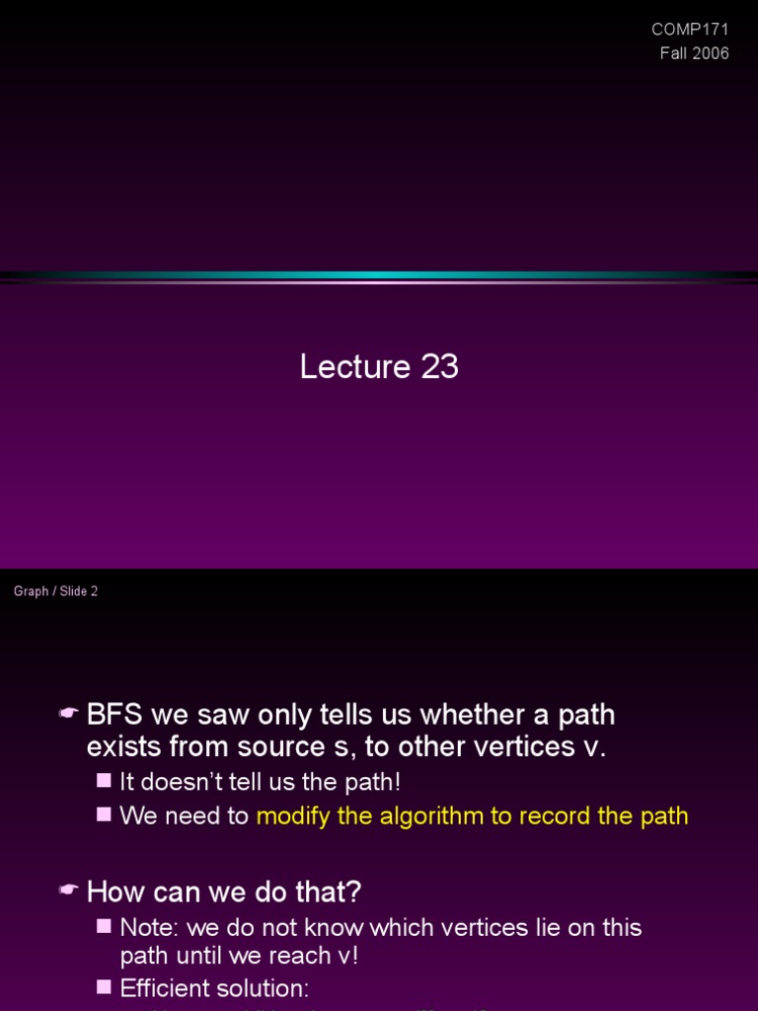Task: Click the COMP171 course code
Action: (691, 30)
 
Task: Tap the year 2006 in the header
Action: (710, 53)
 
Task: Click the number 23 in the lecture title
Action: (439, 367)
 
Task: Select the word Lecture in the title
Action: (355, 367)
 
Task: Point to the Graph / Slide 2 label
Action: (55, 591)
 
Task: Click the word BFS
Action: (114, 714)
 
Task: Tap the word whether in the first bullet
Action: (445, 714)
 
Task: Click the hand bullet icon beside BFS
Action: (68, 714)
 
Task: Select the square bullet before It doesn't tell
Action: (105, 781)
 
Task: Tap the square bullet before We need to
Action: (105, 815)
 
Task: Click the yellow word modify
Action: (289, 816)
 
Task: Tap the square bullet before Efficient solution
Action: (105, 987)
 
